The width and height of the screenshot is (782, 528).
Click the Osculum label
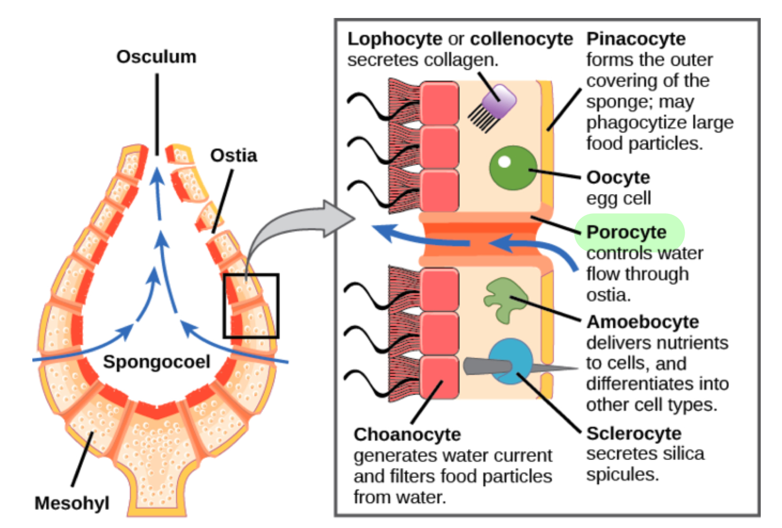[156, 57]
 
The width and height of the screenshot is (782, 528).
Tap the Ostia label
[234, 156]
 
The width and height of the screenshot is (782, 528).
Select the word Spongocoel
[156, 362]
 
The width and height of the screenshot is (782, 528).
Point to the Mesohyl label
[72, 504]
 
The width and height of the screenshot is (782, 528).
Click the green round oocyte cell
[513, 168]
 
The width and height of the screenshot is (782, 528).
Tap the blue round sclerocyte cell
[511, 361]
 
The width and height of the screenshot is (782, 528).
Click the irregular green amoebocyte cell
[505, 300]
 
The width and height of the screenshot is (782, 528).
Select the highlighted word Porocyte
[627, 233]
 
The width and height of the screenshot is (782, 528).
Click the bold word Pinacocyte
[636, 39]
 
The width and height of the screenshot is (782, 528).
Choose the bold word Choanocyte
[407, 435]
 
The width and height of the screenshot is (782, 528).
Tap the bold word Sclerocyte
[634, 434]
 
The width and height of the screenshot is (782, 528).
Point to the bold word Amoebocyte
[643, 322]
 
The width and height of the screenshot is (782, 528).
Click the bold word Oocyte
[618, 177]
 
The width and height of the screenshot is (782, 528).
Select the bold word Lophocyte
[395, 39]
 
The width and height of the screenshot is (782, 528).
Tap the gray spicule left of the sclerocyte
[488, 366]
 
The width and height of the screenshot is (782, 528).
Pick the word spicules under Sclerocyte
[622, 475]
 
